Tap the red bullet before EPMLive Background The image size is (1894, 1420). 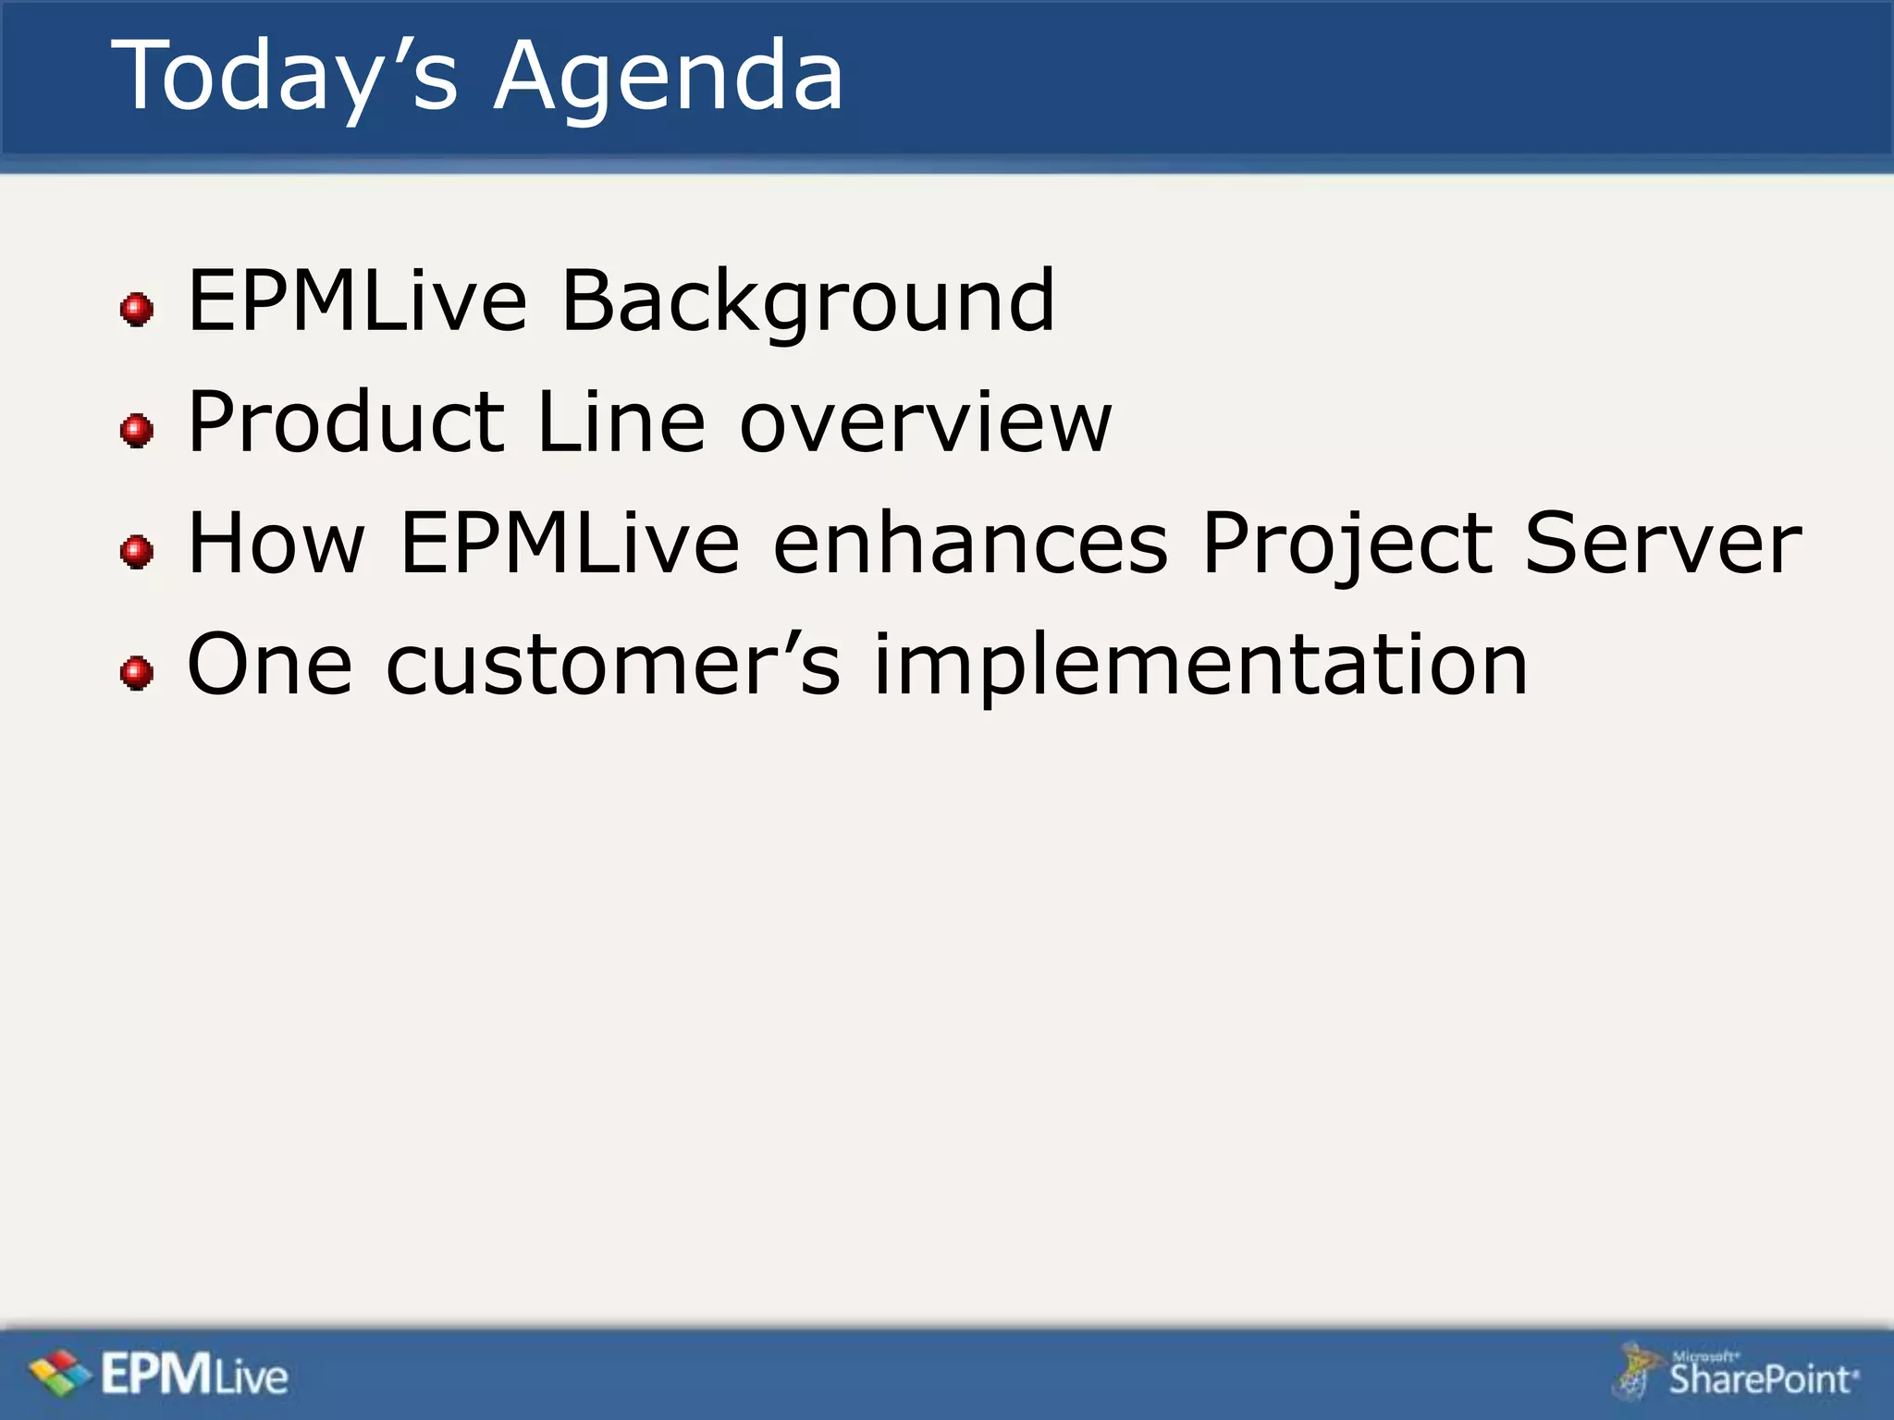pos(137,309)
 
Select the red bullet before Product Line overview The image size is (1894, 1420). pos(137,430)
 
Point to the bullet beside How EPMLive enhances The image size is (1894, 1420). pos(137,552)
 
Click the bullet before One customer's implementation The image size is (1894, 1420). pos(137,672)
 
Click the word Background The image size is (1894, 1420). pos(807,300)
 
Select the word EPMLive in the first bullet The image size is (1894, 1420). pos(357,300)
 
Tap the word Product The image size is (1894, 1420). pos(346,422)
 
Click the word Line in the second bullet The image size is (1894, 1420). pos(621,422)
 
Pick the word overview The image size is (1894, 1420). pos(925,422)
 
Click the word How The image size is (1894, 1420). pos(277,544)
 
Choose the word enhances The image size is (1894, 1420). pos(970,544)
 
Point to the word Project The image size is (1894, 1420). pos(1347,544)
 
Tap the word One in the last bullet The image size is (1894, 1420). pos(269,664)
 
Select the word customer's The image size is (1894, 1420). pos(612,664)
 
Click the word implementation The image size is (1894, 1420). pos(1199,664)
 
